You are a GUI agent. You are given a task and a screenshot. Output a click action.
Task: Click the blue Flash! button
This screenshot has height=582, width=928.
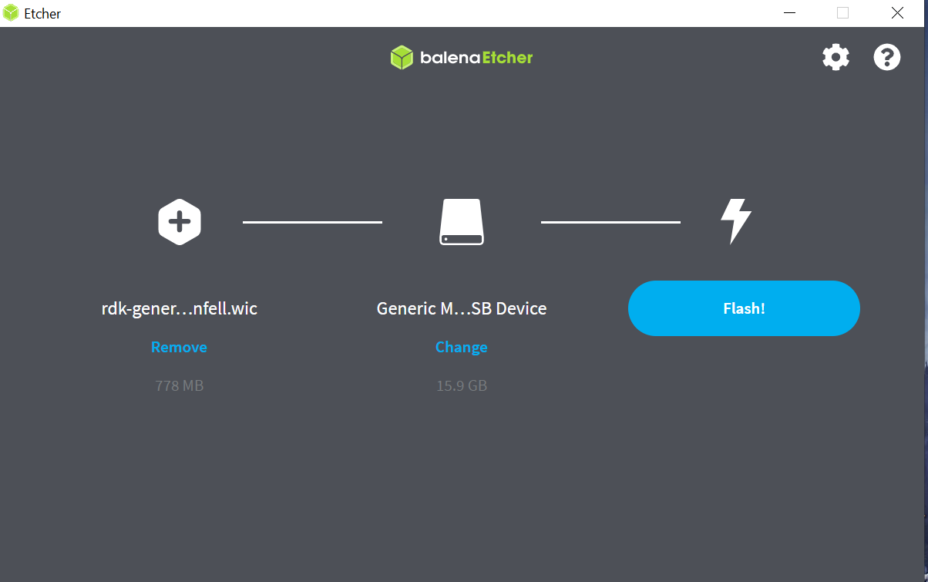click(744, 308)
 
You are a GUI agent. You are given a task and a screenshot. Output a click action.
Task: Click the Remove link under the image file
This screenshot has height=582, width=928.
click(179, 347)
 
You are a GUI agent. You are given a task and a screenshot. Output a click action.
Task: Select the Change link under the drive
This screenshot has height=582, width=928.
click(461, 347)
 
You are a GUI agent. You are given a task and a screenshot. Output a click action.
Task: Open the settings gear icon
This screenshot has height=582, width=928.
click(836, 57)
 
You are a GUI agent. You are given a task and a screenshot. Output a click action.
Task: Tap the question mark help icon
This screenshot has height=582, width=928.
click(887, 57)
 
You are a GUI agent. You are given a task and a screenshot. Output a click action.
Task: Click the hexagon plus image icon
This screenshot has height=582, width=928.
click(180, 222)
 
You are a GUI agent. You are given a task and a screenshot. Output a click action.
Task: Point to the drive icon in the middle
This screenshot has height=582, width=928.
click(462, 222)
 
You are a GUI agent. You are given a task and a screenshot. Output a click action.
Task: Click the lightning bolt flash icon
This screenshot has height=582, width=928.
click(736, 222)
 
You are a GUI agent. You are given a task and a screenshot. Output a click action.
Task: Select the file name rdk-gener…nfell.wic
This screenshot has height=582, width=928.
click(180, 308)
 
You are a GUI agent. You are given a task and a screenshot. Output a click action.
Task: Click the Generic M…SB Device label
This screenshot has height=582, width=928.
click(462, 308)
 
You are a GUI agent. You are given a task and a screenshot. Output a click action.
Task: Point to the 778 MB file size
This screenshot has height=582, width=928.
click(180, 385)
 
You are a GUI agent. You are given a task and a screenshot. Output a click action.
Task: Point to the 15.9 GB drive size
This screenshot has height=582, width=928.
click(462, 385)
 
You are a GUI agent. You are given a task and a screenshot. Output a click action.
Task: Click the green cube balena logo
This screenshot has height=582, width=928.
click(402, 57)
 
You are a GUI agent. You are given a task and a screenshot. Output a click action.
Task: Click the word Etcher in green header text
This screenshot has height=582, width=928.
click(507, 58)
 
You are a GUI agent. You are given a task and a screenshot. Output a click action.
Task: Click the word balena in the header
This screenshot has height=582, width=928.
click(450, 58)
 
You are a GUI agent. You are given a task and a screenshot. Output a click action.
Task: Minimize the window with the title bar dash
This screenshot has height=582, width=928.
click(789, 13)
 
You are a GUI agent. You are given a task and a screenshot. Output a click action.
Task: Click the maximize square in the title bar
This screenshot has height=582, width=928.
click(842, 13)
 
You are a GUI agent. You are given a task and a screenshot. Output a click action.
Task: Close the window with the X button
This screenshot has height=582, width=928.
click(897, 13)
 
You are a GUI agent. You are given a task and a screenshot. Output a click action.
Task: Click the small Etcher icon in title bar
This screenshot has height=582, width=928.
click(12, 13)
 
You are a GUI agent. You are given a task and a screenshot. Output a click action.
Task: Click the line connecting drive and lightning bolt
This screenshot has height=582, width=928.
click(610, 222)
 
